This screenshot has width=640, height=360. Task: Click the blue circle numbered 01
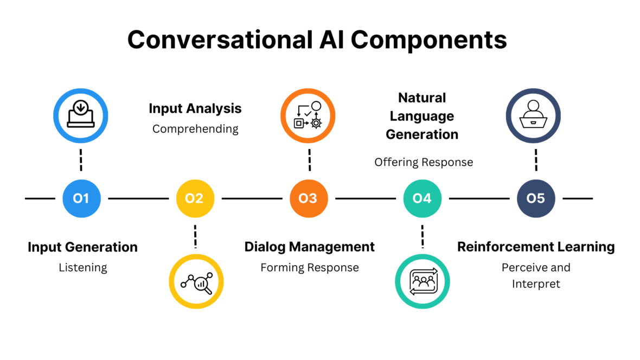pyautogui.click(x=81, y=198)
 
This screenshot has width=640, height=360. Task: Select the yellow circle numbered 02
pyautogui.click(x=195, y=198)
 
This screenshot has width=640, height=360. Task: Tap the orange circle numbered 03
pyautogui.click(x=308, y=198)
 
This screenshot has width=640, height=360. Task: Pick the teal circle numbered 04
pyautogui.click(x=422, y=198)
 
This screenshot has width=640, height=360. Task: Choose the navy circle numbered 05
pyautogui.click(x=535, y=198)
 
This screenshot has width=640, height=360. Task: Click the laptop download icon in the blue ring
pyautogui.click(x=80, y=115)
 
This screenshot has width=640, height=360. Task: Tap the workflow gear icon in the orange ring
pyautogui.click(x=308, y=115)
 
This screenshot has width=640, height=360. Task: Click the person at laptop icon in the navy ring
pyautogui.click(x=533, y=115)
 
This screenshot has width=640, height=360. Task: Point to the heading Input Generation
pyautogui.click(x=82, y=247)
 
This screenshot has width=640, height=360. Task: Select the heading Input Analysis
pyautogui.click(x=195, y=108)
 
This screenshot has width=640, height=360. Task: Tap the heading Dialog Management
pyautogui.click(x=309, y=247)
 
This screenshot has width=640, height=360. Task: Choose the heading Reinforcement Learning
pyautogui.click(x=536, y=247)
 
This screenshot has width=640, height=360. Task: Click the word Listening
pyautogui.click(x=82, y=267)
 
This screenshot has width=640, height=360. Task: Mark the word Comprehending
pyautogui.click(x=195, y=129)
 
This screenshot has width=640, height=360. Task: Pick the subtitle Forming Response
pyautogui.click(x=309, y=267)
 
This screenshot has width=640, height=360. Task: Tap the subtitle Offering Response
pyautogui.click(x=423, y=162)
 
